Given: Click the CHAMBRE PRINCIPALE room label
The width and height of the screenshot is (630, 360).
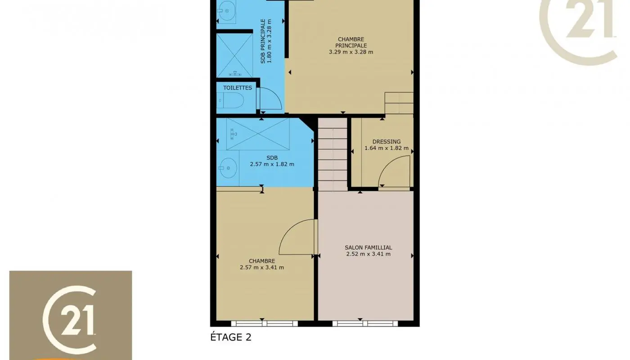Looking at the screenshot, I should pyautogui.click(x=351, y=42).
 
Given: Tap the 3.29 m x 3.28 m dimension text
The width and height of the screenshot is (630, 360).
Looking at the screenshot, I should pyautogui.click(x=351, y=52).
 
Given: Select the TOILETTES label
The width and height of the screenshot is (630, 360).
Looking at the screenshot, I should pyautogui.click(x=238, y=88).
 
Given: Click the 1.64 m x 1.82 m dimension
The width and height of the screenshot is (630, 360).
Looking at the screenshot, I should pyautogui.click(x=386, y=148).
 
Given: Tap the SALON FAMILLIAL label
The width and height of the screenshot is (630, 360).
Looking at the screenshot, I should pyautogui.click(x=368, y=247).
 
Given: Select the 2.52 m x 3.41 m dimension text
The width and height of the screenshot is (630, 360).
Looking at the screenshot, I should pyautogui.click(x=368, y=254).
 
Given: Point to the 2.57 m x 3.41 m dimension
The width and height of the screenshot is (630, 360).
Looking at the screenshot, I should pyautogui.click(x=262, y=267).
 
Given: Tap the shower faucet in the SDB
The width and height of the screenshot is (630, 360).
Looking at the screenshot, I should pyautogui.click(x=233, y=133).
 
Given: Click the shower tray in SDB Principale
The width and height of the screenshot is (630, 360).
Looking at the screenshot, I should pyautogui.click(x=234, y=55).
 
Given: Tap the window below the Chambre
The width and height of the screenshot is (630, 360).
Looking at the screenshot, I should pyautogui.click(x=264, y=323).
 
